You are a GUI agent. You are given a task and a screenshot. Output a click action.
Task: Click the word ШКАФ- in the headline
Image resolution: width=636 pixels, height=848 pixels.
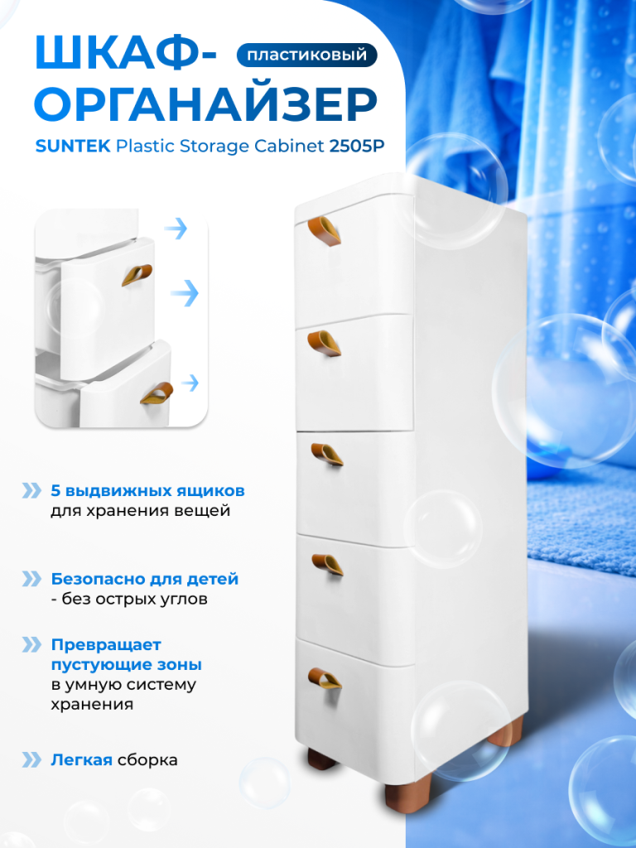pos(126,54)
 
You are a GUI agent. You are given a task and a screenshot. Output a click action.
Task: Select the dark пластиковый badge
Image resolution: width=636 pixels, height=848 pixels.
pos(306,55)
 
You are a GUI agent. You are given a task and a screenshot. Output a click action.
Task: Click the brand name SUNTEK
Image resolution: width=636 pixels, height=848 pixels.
pos(73,146)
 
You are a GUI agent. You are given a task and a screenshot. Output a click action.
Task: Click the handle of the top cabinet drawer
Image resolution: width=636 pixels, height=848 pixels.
pos(325,231)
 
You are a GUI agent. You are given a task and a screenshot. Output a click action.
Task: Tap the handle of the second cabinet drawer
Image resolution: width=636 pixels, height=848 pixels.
pos(325,344)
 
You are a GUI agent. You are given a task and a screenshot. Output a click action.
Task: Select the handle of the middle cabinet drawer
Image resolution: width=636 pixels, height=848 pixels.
pos(327,455)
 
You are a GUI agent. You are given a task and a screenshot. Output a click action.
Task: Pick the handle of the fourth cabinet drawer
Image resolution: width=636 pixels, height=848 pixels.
pos(327,565)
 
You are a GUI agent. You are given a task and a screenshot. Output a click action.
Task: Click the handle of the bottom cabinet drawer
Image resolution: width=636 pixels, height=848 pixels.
pos(325,678)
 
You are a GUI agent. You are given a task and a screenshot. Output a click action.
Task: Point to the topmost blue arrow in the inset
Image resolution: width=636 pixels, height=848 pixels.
pos(176,229)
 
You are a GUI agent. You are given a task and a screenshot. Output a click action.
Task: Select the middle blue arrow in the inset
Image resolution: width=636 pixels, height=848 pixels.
pos(185,293)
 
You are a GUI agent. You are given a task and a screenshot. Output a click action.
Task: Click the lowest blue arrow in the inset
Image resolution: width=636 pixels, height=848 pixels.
pos(190,383)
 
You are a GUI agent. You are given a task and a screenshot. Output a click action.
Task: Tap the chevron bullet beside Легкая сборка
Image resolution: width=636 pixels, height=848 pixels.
pos(31,760)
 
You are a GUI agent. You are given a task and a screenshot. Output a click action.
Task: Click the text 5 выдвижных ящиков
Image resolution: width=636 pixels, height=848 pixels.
pos(147,490)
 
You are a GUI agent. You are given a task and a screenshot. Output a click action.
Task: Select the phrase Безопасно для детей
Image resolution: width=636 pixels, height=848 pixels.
pos(144,579)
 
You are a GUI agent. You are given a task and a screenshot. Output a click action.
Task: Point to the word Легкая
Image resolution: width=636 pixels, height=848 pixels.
pos(82,760)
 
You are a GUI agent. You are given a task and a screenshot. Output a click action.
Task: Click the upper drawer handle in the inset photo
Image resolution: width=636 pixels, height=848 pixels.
pos(137,275)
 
